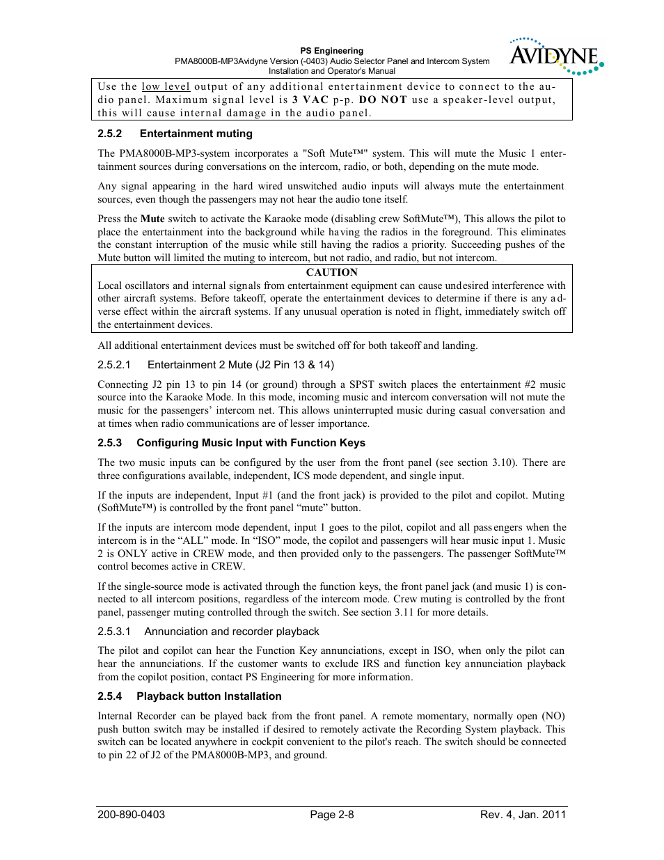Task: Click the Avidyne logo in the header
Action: tap(555, 56)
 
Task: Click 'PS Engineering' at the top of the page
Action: tap(331, 51)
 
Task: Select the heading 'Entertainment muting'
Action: tap(196, 134)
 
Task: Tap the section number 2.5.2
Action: tap(110, 134)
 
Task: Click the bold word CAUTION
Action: tap(331, 272)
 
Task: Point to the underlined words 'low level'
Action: tap(166, 86)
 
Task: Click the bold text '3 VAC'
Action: tap(310, 100)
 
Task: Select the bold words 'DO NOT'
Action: tap(383, 100)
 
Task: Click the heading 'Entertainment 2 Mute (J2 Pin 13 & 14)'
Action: tap(240, 365)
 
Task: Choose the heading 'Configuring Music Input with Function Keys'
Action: tap(251, 443)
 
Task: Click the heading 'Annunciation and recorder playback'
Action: tap(231, 632)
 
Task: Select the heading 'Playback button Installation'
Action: tap(209, 696)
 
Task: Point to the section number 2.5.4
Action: tap(110, 696)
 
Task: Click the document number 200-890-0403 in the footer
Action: tap(132, 815)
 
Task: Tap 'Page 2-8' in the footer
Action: tap(332, 815)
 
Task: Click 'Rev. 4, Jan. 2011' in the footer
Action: tap(523, 815)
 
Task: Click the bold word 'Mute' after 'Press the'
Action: tap(152, 219)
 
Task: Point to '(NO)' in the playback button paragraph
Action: tap(554, 716)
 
